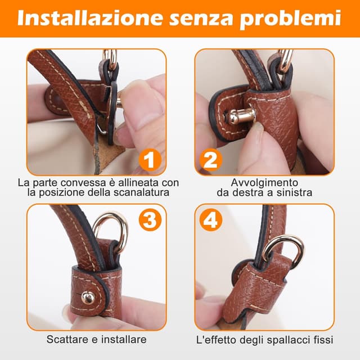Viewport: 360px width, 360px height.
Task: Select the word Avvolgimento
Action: (x=264, y=183)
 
